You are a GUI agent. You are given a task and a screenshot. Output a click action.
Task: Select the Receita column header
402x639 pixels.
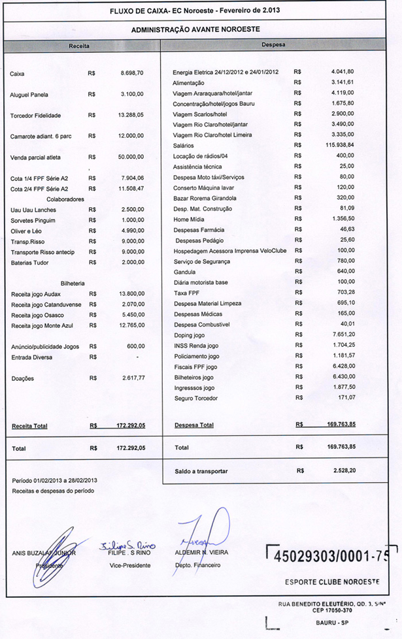pos(79,46)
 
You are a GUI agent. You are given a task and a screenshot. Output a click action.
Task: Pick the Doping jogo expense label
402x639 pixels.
pos(189,335)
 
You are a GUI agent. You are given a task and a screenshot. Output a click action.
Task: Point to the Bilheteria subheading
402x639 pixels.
pos(73,284)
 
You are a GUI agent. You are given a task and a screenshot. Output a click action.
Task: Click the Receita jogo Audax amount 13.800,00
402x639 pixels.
pos(131,294)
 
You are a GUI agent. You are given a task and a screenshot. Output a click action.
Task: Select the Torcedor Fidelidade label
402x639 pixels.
pos(35,116)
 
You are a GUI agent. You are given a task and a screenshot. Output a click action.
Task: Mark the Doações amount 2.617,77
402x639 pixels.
pos(131,378)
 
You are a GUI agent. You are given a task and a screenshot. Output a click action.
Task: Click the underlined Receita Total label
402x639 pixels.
pos(29,426)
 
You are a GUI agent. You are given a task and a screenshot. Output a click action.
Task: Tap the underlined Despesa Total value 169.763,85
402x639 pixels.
pos(341,425)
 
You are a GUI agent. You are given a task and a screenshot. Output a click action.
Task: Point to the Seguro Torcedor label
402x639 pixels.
pos(195,398)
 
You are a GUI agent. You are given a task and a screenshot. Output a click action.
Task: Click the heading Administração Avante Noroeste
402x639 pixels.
pos(195,29)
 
